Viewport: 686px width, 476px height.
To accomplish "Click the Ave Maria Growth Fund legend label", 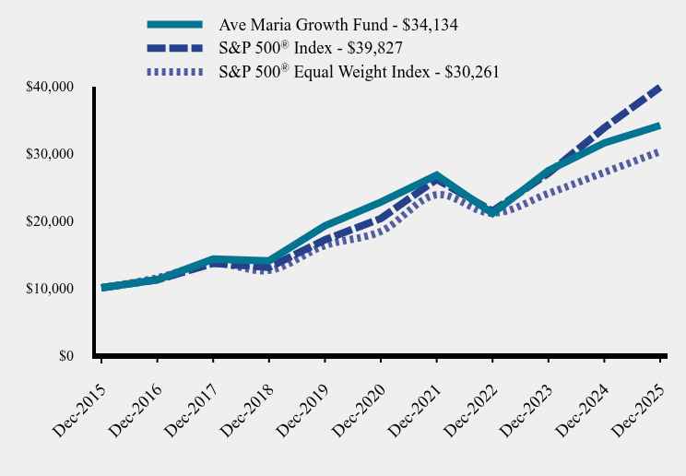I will pos(338,25).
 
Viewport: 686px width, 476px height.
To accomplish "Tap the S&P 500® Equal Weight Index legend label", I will pos(359,72).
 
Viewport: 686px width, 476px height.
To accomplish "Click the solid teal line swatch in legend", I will pos(174,25).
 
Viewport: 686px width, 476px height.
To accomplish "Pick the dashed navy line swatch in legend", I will pos(174,48).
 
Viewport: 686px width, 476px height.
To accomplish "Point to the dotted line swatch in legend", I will pos(174,72).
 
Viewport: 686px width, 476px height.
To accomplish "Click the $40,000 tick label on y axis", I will pos(49,88).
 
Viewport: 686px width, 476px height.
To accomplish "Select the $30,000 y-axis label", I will pos(49,154).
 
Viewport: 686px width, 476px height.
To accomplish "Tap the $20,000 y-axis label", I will pos(49,221).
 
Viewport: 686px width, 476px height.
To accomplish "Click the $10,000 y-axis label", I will pos(49,289).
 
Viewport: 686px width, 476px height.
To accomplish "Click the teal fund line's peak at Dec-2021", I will pos(436,175).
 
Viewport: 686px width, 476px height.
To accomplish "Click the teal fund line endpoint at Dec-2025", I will pos(659,126).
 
